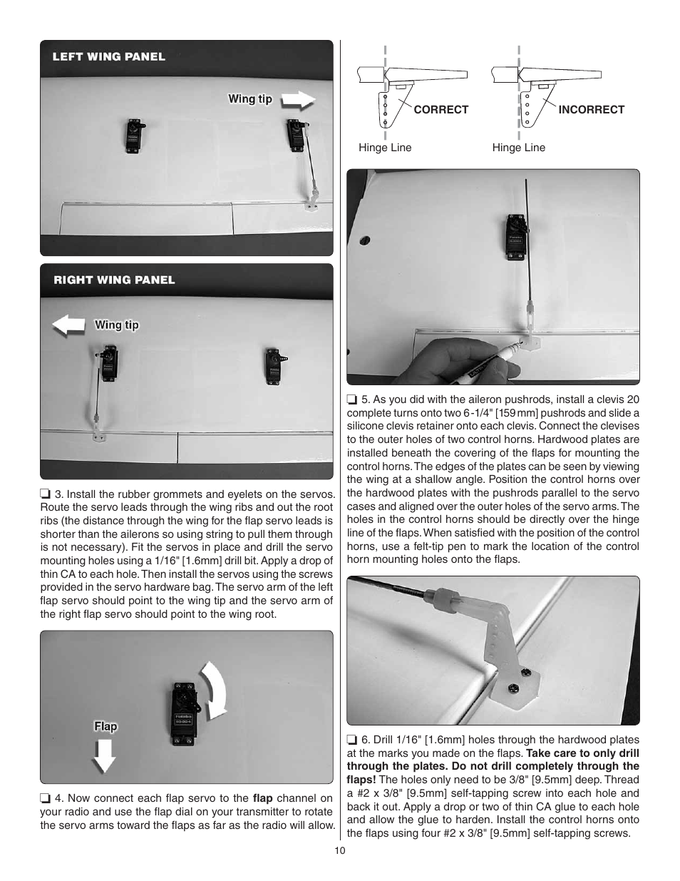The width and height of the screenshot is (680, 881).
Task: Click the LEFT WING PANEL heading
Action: pyautogui.click(x=108, y=57)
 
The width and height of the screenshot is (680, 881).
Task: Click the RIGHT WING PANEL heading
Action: pyautogui.click(x=114, y=280)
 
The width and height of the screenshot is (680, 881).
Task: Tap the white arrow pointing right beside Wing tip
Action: pyautogui.click(x=298, y=100)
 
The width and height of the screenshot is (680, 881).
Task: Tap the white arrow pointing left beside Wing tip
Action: pyautogui.click(x=68, y=326)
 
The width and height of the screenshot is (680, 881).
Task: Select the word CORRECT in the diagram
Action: pyautogui.click(x=441, y=110)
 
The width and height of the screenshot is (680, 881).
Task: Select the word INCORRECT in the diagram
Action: pyautogui.click(x=591, y=110)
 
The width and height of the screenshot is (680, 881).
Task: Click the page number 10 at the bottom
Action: pyautogui.click(x=339, y=850)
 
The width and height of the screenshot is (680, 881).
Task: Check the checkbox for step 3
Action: pyautogui.click(x=45, y=494)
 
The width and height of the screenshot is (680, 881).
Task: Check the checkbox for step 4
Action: pyautogui.click(x=45, y=798)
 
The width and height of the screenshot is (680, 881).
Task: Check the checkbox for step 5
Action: pyautogui.click(x=351, y=399)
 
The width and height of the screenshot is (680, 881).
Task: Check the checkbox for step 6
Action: pyautogui.click(x=351, y=740)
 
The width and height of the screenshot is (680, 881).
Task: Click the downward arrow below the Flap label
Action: pyautogui.click(x=104, y=756)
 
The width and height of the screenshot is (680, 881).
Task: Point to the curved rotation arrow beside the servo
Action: pyautogui.click(x=215, y=688)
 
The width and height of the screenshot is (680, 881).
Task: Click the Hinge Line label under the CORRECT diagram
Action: pyautogui.click(x=385, y=148)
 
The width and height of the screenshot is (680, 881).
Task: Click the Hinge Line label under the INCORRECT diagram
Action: pyautogui.click(x=518, y=148)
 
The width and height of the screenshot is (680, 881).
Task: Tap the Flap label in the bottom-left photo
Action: pyautogui.click(x=105, y=726)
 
